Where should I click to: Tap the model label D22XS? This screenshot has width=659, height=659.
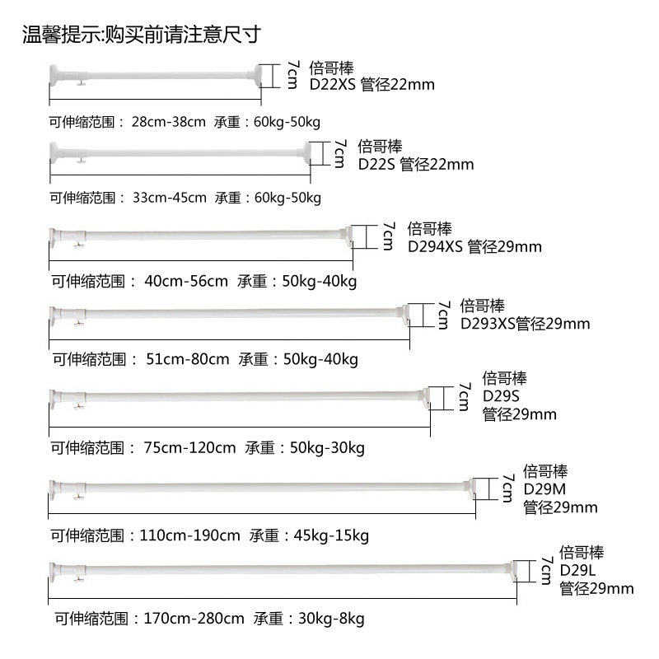point(333,85)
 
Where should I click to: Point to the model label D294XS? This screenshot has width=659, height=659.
point(435,245)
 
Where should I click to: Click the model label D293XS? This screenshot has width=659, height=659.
point(488,324)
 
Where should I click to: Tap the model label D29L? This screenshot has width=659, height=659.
point(577,570)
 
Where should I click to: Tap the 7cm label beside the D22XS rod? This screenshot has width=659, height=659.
point(292,76)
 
